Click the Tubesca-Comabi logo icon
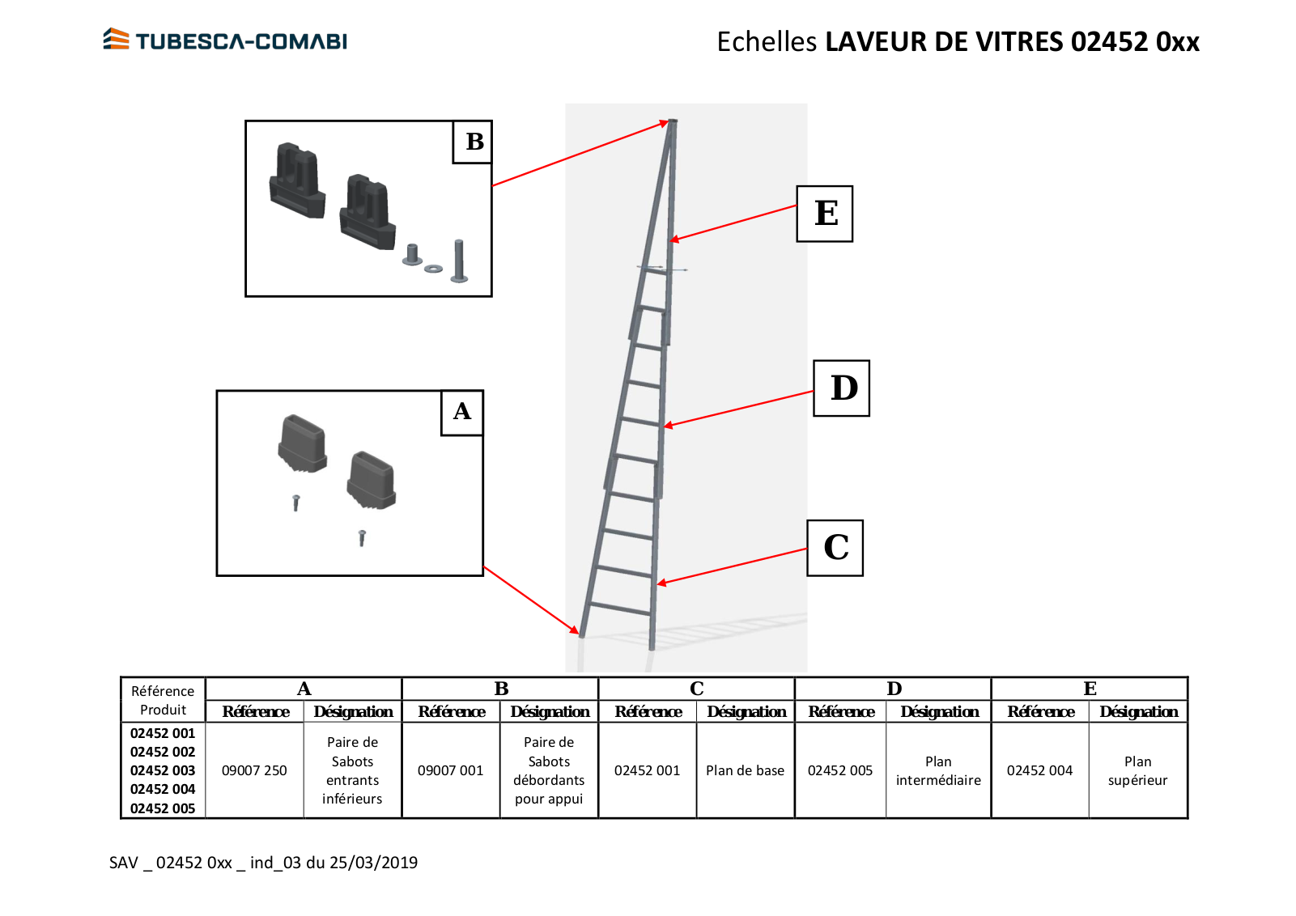click(x=116, y=39)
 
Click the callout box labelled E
click(x=824, y=214)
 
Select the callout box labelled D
click(x=841, y=388)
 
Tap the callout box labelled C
click(x=835, y=548)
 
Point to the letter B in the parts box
click(x=474, y=142)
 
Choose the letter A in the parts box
click(x=461, y=412)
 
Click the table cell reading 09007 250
click(x=254, y=770)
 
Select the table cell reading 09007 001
click(x=451, y=770)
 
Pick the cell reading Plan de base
click(x=746, y=770)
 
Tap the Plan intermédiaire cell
click(x=938, y=770)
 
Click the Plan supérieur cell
click(x=1138, y=770)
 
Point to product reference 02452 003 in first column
click(x=163, y=770)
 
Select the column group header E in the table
click(x=1090, y=689)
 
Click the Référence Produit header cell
click(x=164, y=700)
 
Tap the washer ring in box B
click(x=433, y=269)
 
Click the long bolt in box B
click(x=459, y=261)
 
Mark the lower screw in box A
click(x=362, y=538)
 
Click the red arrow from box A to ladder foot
click(x=531, y=600)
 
